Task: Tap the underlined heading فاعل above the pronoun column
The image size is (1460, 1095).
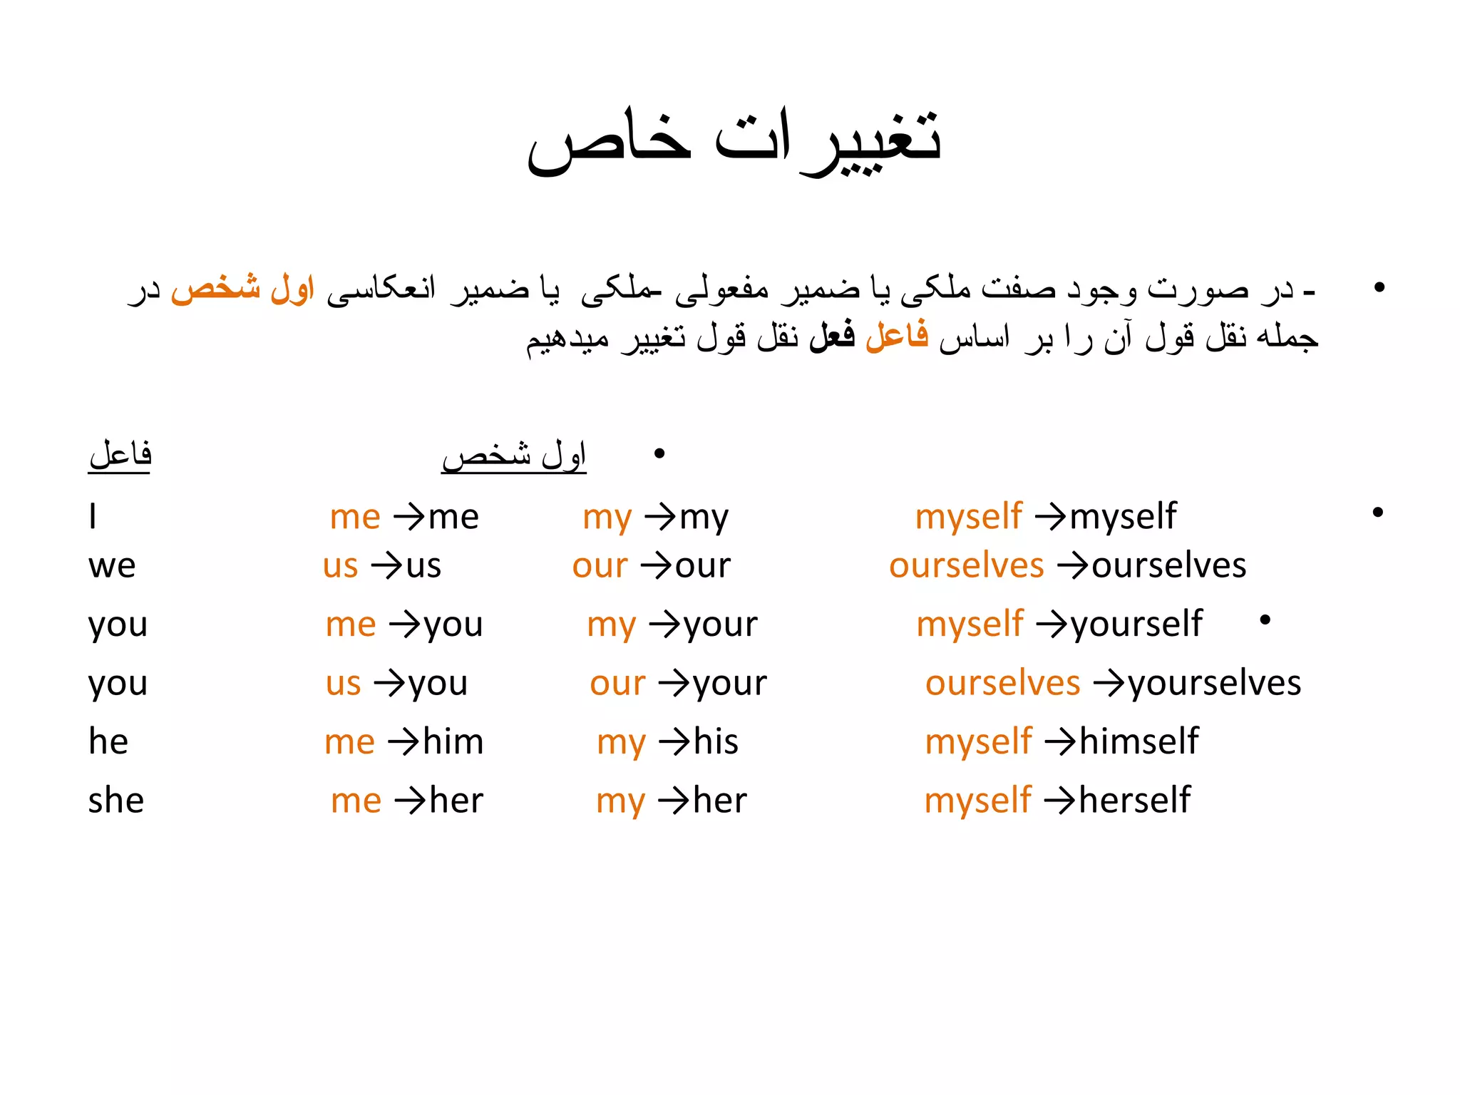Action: pyautogui.click(x=120, y=455)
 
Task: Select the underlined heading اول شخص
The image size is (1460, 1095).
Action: pyautogui.click(x=514, y=455)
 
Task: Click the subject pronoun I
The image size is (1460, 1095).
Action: pyautogui.click(x=93, y=516)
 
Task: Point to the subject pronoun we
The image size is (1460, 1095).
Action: pyautogui.click(x=112, y=566)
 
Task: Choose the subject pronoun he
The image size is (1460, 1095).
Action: pyautogui.click(x=108, y=741)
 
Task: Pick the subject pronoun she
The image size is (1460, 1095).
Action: pyautogui.click(x=116, y=801)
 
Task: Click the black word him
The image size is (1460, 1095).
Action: pyautogui.click(x=453, y=741)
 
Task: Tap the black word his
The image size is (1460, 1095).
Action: pyautogui.click(x=716, y=741)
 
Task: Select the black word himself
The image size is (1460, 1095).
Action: pyautogui.click(x=1139, y=741)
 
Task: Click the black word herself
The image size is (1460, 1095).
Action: pyautogui.click(x=1135, y=801)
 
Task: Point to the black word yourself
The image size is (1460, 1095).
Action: pyautogui.click(x=1137, y=624)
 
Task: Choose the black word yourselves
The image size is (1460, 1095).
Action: pyautogui.click(x=1215, y=684)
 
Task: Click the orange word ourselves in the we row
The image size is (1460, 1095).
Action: pyautogui.click(x=966, y=566)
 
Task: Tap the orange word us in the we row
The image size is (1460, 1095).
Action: pyautogui.click(x=340, y=566)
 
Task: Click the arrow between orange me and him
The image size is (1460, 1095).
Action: pyautogui.click(x=403, y=742)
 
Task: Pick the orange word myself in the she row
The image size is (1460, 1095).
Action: pyautogui.click(x=977, y=801)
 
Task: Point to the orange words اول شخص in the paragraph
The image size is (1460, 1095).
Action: pyautogui.click(x=242, y=289)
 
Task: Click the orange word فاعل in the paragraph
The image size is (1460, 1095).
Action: pyautogui.click(x=897, y=335)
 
